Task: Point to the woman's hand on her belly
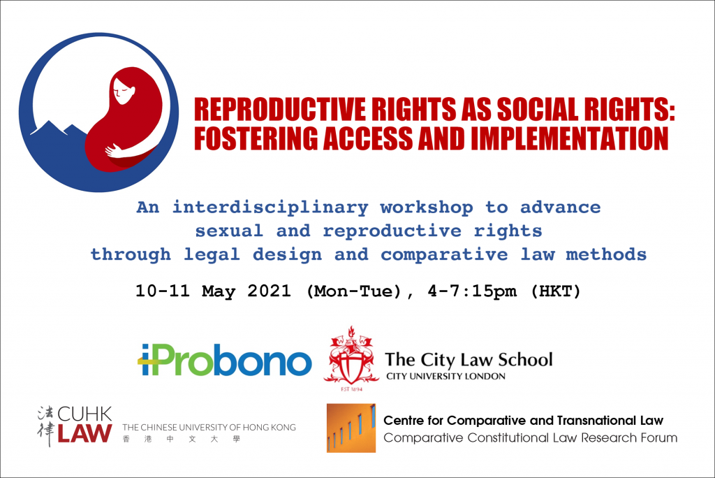[112, 150]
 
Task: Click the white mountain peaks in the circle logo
[59, 128]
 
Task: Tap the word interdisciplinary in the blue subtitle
[270, 208]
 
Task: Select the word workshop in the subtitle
[427, 208]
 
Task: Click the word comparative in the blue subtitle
[444, 255]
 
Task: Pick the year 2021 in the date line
[269, 291]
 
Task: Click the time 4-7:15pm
[472, 291]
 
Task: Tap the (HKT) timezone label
[555, 291]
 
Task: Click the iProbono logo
[225, 360]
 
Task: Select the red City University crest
[351, 358]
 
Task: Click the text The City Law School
[469, 360]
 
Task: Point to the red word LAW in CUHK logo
[84, 433]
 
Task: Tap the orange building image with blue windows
[351, 428]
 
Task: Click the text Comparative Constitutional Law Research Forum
[531, 438]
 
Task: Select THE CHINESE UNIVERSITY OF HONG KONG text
[209, 427]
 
